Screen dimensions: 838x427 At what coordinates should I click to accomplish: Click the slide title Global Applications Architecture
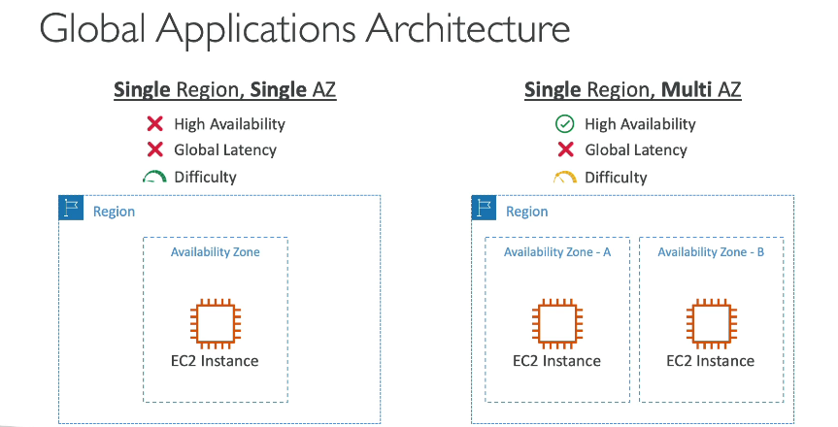click(305, 29)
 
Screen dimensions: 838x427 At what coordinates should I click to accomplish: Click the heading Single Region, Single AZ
click(225, 90)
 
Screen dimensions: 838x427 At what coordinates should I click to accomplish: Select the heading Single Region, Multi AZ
click(633, 90)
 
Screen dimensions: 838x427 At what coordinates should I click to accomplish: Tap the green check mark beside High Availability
click(565, 124)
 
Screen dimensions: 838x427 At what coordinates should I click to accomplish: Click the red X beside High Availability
click(155, 124)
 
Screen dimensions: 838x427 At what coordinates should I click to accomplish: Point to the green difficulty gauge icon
click(154, 177)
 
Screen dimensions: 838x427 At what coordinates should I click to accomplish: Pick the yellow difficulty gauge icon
click(565, 177)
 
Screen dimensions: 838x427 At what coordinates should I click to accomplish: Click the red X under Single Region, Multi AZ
click(565, 149)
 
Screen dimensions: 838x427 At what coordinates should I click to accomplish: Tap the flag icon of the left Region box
click(71, 208)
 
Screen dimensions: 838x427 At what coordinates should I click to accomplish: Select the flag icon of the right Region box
click(485, 208)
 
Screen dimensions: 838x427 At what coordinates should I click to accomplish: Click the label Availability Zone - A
click(556, 251)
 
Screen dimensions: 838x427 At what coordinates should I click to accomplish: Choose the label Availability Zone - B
click(711, 251)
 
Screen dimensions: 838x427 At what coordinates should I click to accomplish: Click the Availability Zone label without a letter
click(216, 251)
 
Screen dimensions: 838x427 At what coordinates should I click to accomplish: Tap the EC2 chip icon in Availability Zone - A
click(556, 323)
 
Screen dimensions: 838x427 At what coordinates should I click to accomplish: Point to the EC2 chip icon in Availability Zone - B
click(712, 323)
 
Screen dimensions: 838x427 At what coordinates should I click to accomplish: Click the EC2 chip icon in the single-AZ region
click(216, 323)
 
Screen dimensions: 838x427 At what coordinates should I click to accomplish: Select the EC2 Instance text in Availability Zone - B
click(710, 361)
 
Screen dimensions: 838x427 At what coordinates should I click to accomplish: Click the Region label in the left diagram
click(114, 212)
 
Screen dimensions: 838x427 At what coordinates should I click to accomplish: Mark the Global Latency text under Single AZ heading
click(225, 150)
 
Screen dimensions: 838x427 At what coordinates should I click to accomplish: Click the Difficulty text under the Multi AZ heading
click(616, 178)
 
